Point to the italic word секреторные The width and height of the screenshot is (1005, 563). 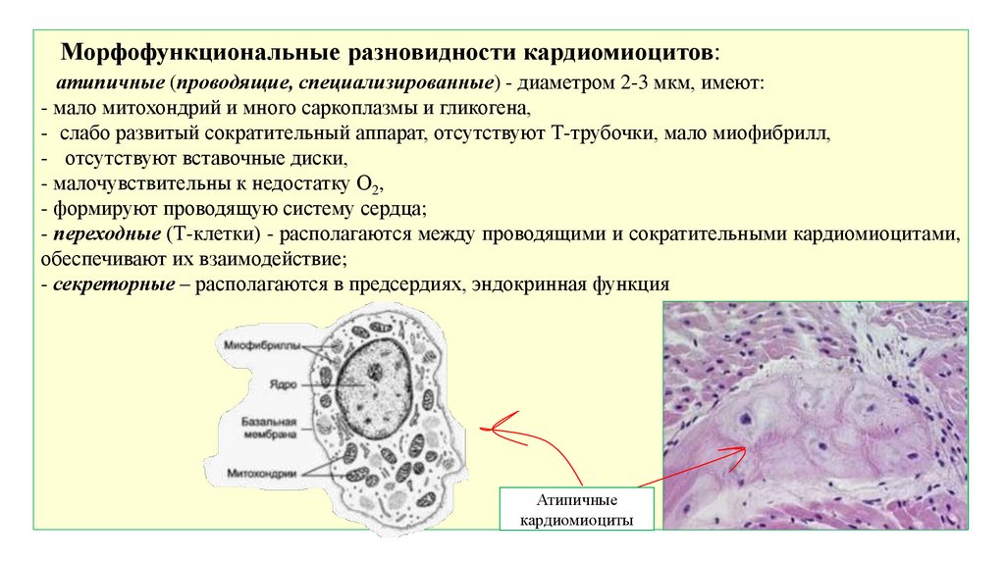(113, 285)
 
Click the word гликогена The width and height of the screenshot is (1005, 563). (489, 109)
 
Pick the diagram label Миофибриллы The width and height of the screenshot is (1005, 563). (255, 346)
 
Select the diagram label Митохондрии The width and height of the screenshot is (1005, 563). (261, 472)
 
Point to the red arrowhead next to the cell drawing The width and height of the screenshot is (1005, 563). (488, 429)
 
